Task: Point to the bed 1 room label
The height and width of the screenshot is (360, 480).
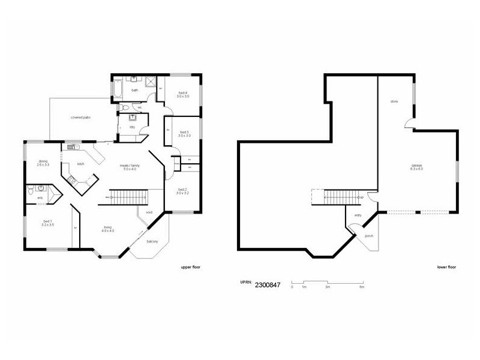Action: (48, 223)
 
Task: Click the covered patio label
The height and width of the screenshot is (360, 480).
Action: (80, 117)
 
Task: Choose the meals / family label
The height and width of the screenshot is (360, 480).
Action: (127, 167)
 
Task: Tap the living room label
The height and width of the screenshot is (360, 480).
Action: (108, 229)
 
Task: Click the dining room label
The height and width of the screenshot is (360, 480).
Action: (43, 162)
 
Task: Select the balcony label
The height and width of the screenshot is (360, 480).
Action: (152, 241)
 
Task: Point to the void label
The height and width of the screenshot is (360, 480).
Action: (149, 212)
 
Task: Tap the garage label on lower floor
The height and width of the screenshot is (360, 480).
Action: (416, 166)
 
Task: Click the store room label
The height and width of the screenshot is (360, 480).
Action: (394, 101)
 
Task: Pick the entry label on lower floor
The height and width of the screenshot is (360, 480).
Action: (358, 214)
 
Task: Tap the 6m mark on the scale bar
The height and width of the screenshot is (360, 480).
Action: (362, 287)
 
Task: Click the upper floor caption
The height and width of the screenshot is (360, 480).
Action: (190, 266)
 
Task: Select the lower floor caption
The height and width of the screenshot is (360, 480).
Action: (447, 266)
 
